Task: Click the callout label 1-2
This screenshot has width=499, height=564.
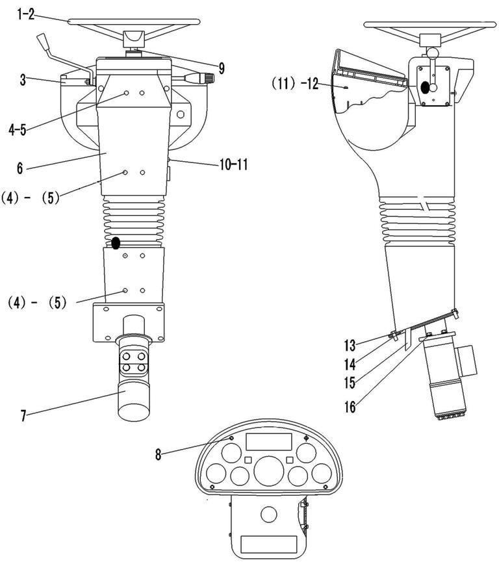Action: [25, 15]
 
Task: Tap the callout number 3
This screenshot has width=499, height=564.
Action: [23, 80]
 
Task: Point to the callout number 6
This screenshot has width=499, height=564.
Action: [19, 168]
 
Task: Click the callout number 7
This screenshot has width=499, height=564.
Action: [23, 416]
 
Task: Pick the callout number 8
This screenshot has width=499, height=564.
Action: [159, 454]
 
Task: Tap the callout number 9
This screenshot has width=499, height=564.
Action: [222, 68]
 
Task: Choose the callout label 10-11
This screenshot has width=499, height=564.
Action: [234, 165]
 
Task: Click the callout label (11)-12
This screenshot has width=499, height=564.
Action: [295, 84]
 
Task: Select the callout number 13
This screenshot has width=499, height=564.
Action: [350, 346]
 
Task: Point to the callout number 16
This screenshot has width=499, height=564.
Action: [350, 407]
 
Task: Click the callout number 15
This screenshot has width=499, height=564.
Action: [350, 383]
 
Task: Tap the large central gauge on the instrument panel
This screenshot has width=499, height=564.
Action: [269, 471]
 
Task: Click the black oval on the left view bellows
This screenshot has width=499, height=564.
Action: [116, 243]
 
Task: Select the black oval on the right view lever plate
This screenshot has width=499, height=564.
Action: [425, 87]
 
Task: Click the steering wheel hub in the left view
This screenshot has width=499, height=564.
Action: [134, 39]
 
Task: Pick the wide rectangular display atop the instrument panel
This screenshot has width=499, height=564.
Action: [268, 441]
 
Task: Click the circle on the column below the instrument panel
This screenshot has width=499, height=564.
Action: [269, 515]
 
